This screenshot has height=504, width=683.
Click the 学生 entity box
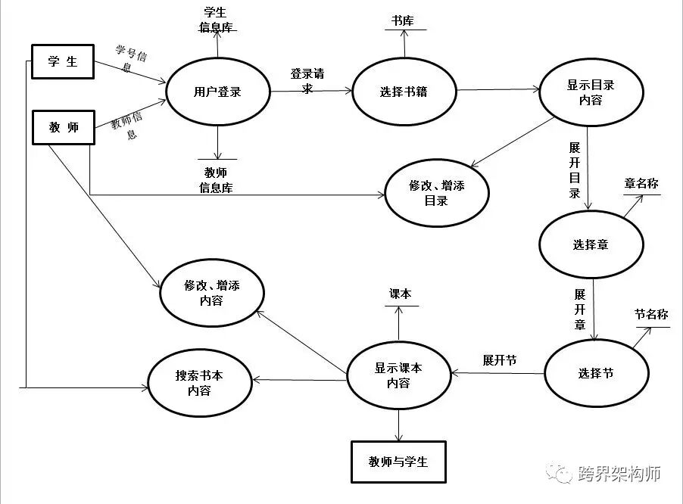coord(62,61)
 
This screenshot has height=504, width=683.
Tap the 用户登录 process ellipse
coord(217,92)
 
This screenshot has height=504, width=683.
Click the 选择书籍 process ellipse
coord(404,92)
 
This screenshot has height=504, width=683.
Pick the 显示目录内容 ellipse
coord(591,92)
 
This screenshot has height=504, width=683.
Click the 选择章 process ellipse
coord(591,244)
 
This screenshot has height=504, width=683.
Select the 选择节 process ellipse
coord(596,373)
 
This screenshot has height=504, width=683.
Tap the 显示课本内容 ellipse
coord(398,375)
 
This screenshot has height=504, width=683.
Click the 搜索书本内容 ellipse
coord(199,382)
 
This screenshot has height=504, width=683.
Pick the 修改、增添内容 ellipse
coord(211,293)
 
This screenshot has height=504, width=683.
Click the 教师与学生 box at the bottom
coord(398,461)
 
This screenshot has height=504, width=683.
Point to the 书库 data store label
coord(404,21)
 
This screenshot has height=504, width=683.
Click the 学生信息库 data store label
coord(217,20)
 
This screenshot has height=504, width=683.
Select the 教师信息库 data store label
coord(216,180)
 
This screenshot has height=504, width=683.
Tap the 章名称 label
coord(641,184)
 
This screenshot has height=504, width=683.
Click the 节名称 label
coord(651,314)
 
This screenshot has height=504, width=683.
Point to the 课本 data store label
coord(399,294)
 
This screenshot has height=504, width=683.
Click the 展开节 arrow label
coord(500,360)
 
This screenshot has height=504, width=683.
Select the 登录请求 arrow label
coord(307,81)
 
